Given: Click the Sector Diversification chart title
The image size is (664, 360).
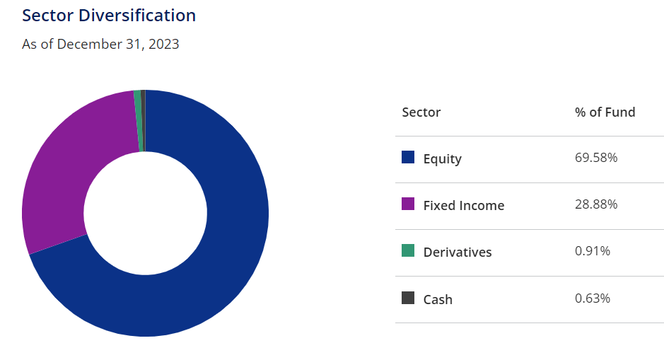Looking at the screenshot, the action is pyautogui.click(x=109, y=16).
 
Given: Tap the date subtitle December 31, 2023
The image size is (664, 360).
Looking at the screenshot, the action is pyautogui.click(x=118, y=44).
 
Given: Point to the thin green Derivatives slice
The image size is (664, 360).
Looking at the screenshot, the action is pyautogui.click(x=138, y=121).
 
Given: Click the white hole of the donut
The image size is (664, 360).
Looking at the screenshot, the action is pyautogui.click(x=145, y=213).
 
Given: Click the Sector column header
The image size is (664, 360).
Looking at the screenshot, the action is pyautogui.click(x=421, y=112).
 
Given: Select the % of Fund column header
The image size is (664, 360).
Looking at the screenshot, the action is pyautogui.click(x=605, y=112).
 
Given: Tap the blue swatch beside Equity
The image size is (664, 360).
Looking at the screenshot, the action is pyautogui.click(x=408, y=157).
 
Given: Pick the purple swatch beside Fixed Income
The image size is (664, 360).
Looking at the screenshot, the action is pyautogui.click(x=408, y=204).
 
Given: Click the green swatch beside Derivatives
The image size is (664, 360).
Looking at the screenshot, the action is pyautogui.click(x=408, y=250).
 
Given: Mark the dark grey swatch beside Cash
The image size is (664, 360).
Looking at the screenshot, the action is pyautogui.click(x=408, y=298).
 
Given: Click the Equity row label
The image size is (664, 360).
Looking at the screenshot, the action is pyautogui.click(x=443, y=159).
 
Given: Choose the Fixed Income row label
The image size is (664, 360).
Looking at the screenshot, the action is pyautogui.click(x=464, y=205).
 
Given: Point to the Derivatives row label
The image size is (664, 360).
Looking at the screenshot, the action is pyautogui.click(x=458, y=252).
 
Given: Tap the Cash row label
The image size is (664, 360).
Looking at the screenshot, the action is pyautogui.click(x=438, y=299).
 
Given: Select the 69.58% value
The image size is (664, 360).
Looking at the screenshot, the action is pyautogui.click(x=596, y=158).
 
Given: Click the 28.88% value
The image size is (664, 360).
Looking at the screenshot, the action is pyautogui.click(x=596, y=204).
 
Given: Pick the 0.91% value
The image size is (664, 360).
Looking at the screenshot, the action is pyautogui.click(x=593, y=251).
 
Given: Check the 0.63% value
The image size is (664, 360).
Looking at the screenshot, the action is pyautogui.click(x=593, y=298).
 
